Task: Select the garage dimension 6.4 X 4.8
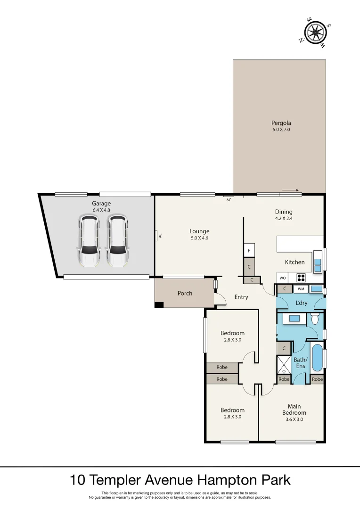(x=101, y=210)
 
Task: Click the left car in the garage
(x=89, y=241)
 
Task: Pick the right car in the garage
(x=117, y=241)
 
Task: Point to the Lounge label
(x=199, y=231)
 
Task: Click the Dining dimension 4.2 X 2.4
(x=284, y=219)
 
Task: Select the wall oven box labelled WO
(x=283, y=278)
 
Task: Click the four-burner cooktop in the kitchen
(x=301, y=278)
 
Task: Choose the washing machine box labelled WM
(x=301, y=289)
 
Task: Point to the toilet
(x=315, y=320)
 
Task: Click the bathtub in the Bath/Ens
(x=317, y=357)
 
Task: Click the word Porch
(x=185, y=293)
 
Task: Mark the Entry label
(x=241, y=297)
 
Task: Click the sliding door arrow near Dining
(x=291, y=190)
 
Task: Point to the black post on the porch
(x=159, y=305)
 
